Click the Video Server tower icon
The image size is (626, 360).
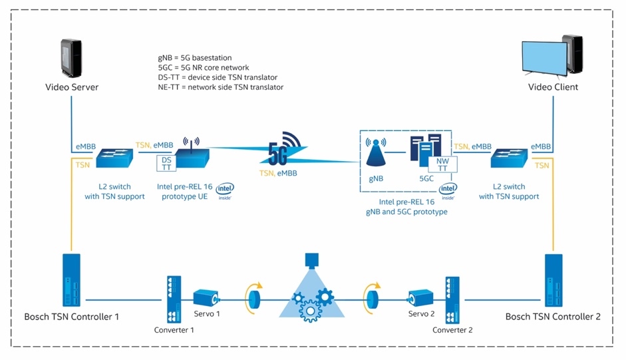72,59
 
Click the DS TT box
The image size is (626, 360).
166,163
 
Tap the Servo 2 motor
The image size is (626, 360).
421,298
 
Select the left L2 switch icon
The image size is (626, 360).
115,158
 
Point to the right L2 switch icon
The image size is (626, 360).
510,158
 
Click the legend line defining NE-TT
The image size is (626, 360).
216,87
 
